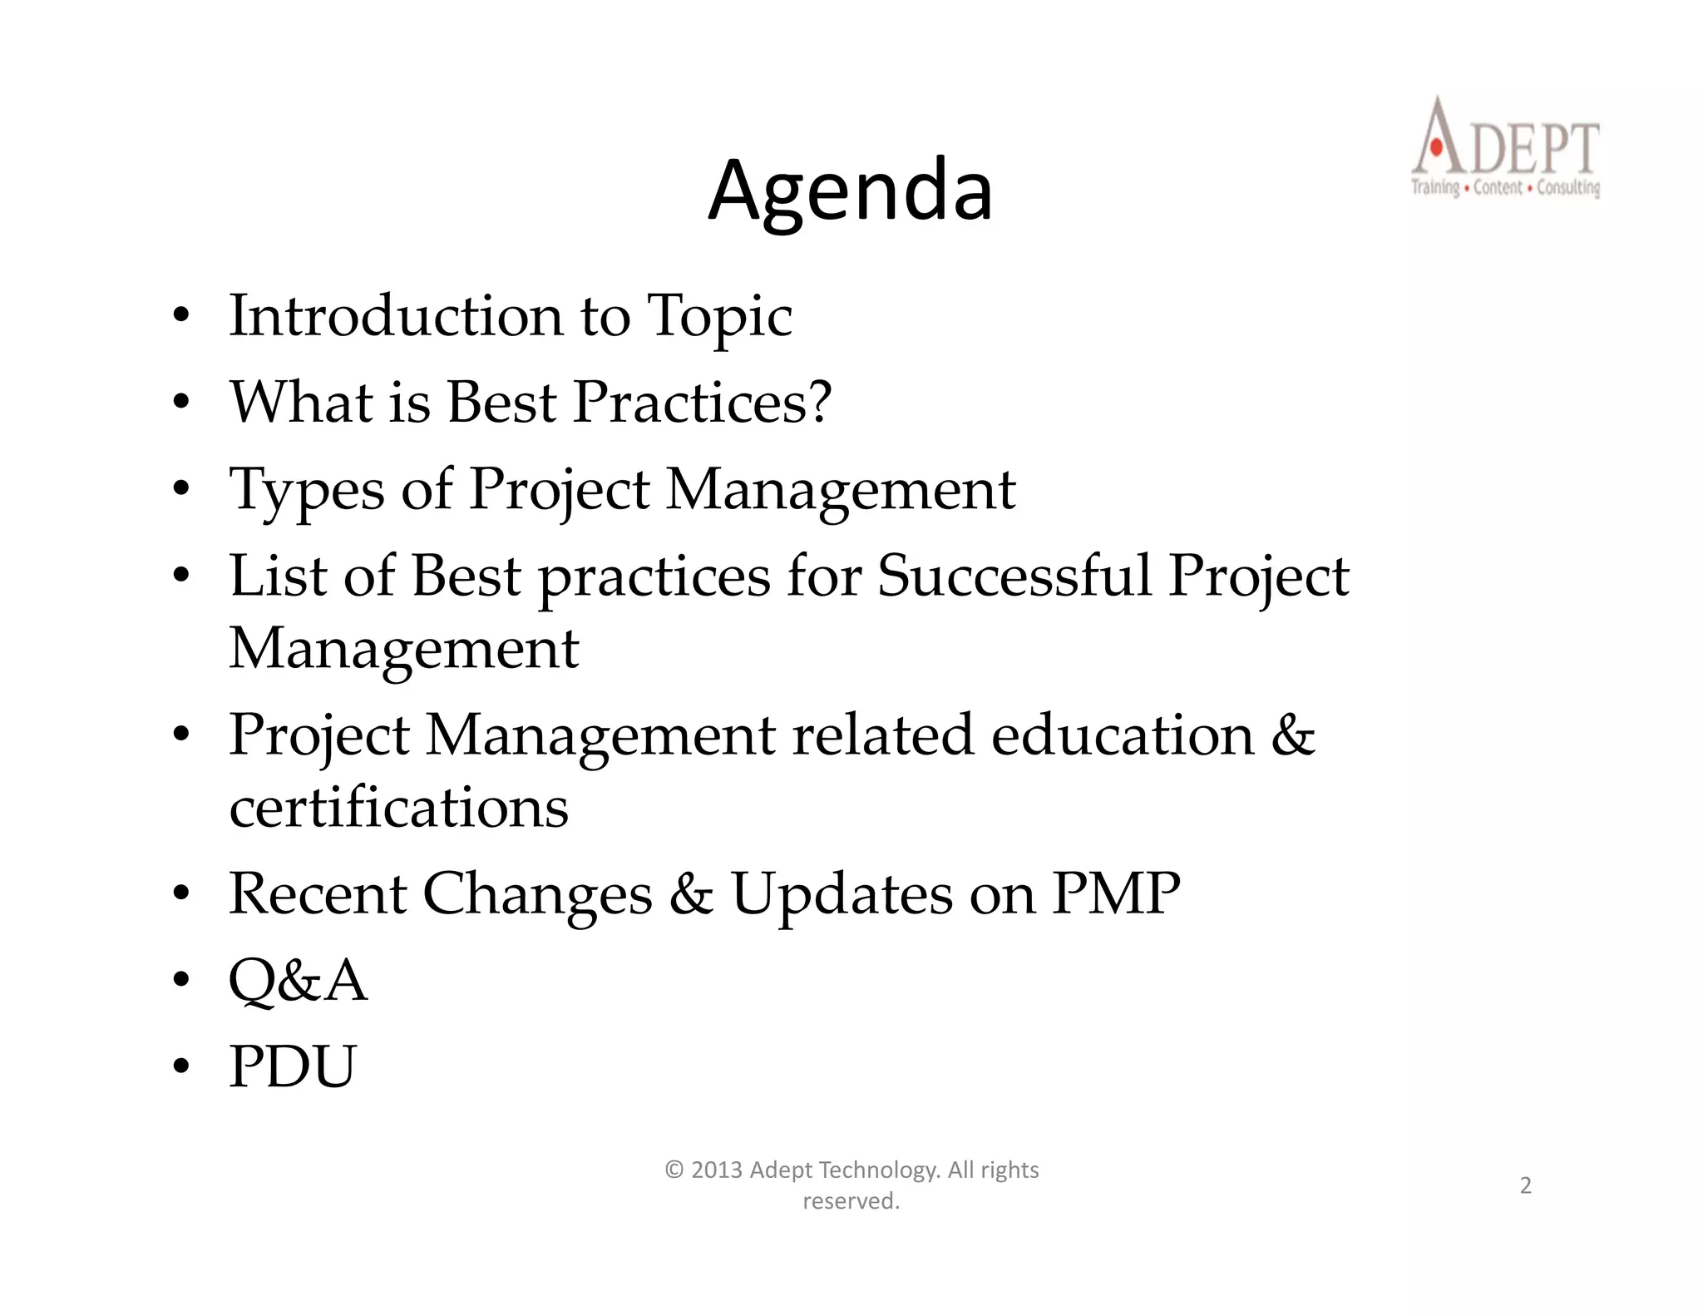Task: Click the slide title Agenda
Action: click(x=850, y=191)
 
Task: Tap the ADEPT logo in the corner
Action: click(x=1505, y=148)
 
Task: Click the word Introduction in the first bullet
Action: click(x=396, y=316)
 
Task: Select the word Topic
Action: click(x=719, y=318)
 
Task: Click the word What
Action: click(x=301, y=403)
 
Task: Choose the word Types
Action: click(x=306, y=490)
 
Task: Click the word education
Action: click(x=1123, y=735)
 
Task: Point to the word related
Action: click(x=882, y=735)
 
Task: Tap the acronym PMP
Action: click(x=1115, y=893)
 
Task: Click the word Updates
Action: click(x=842, y=895)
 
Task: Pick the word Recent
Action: click(x=317, y=893)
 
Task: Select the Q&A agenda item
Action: click(x=298, y=980)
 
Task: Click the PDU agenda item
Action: click(x=293, y=1066)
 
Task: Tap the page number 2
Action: click(x=1525, y=1185)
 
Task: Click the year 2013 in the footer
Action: click(x=716, y=1170)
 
